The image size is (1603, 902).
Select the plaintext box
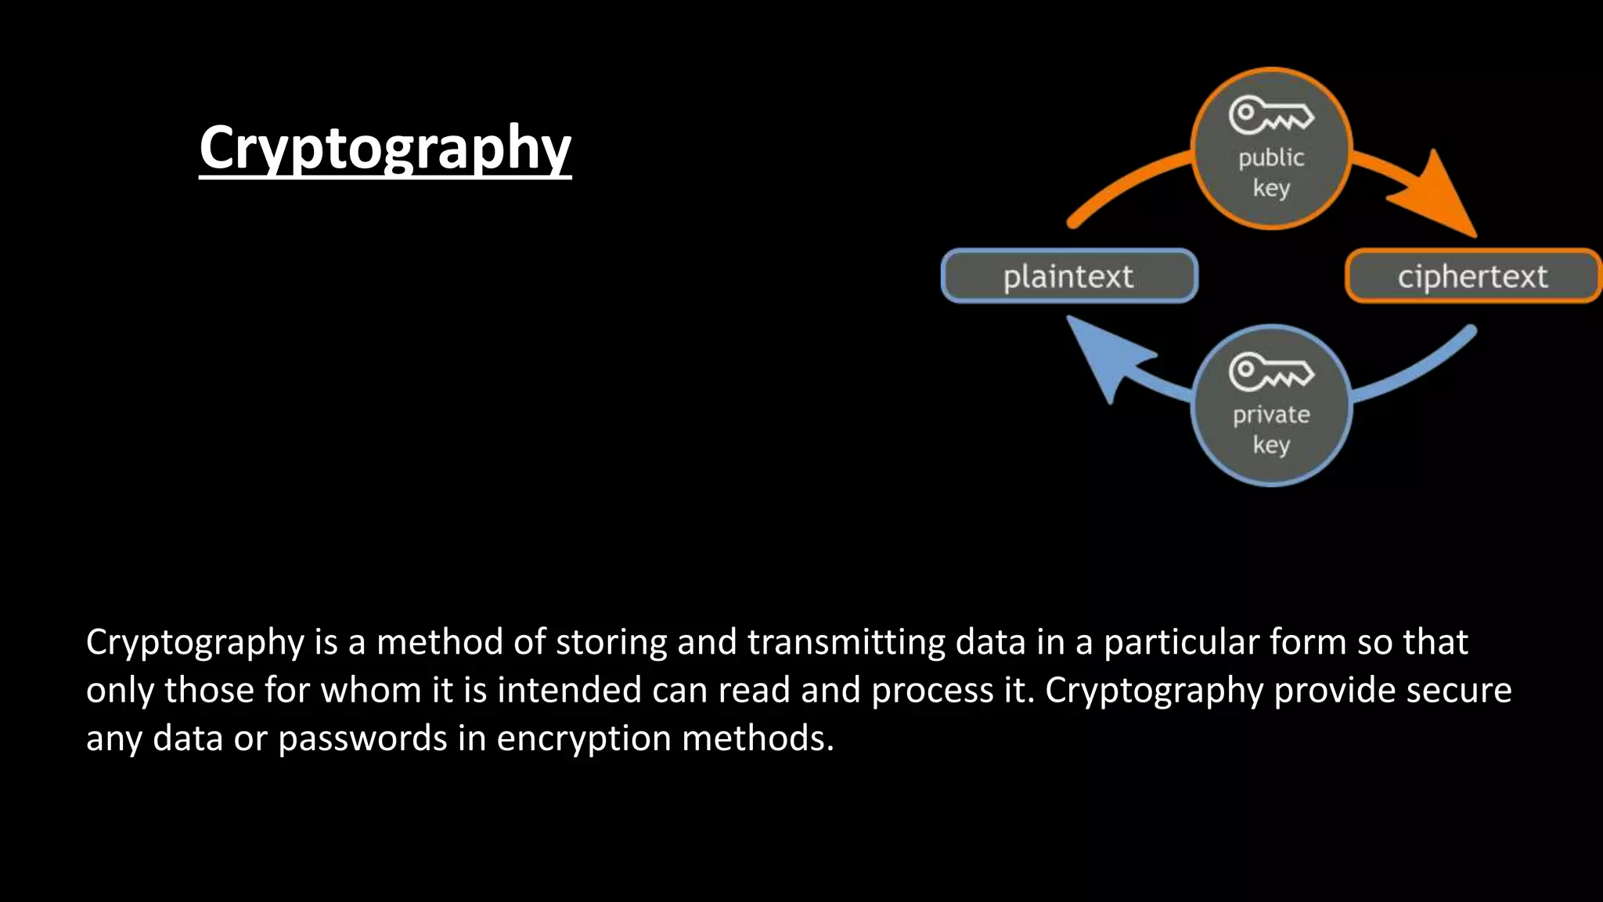click(1069, 276)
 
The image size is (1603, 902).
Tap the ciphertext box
click(1472, 276)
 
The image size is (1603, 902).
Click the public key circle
click(1271, 149)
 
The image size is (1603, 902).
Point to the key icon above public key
click(1270, 115)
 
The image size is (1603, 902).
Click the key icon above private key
click(1270, 371)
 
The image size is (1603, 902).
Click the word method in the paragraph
click(440, 642)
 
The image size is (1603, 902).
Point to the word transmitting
click(847, 642)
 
